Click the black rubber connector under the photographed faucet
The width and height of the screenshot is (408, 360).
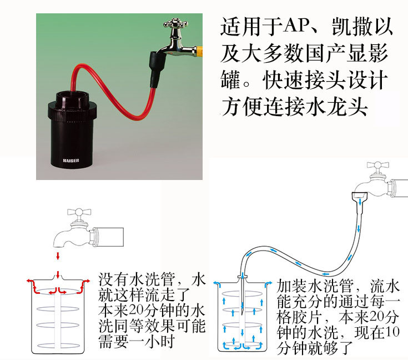157,69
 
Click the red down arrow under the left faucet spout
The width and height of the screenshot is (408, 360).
58,256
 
